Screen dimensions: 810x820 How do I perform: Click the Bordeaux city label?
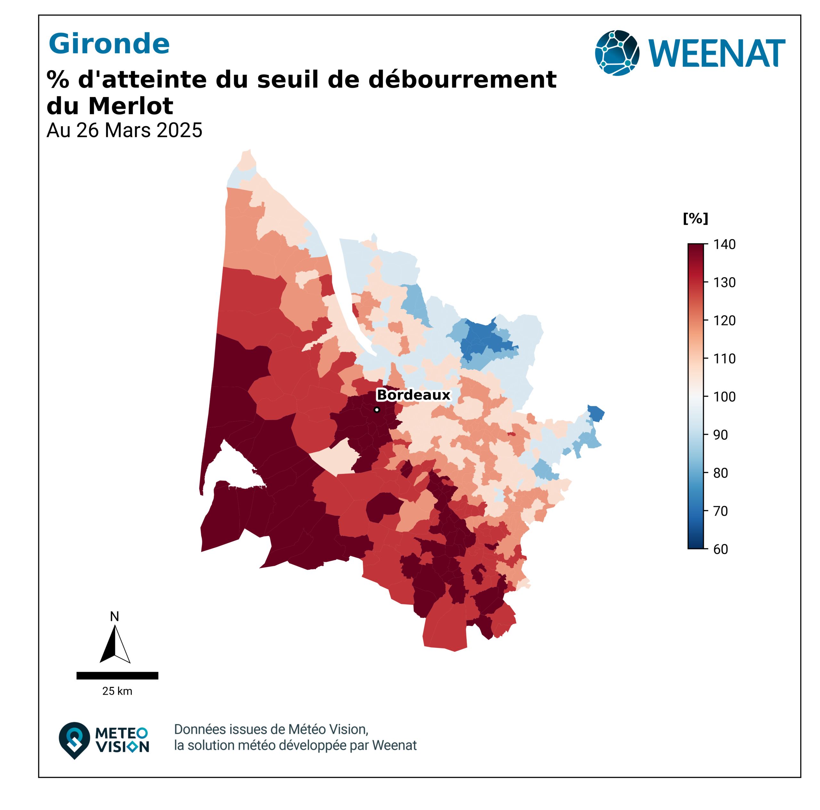413,395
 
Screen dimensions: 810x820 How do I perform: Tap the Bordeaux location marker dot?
376,410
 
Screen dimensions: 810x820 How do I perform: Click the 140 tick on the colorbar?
725,244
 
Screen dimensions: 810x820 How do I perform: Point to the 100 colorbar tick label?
725,397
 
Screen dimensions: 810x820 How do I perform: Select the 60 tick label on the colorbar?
721,549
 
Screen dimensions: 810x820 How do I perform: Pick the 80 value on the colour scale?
721,473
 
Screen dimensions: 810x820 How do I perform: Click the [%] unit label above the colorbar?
695,218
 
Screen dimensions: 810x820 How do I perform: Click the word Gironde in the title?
109,44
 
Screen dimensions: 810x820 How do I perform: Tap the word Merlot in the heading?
131,106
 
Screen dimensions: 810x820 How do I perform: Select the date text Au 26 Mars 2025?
124,130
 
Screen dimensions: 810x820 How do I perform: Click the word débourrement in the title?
462,79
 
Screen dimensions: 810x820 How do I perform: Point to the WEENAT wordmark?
717,54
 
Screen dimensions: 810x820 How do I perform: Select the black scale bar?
117,675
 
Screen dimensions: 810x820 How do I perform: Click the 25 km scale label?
117,691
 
